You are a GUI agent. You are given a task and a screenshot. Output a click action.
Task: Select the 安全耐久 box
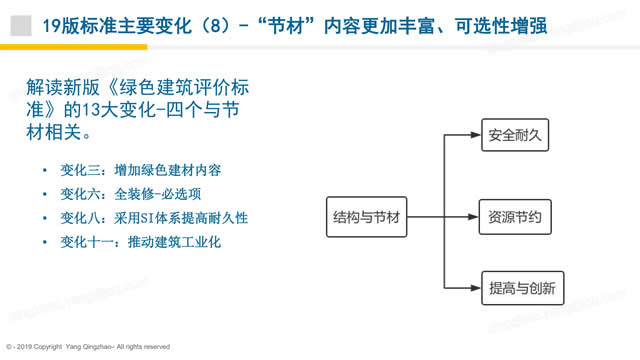click(x=515, y=132)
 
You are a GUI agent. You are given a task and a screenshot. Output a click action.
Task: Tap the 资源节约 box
click(x=515, y=216)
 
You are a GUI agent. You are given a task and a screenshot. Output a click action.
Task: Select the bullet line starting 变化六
click(x=131, y=193)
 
